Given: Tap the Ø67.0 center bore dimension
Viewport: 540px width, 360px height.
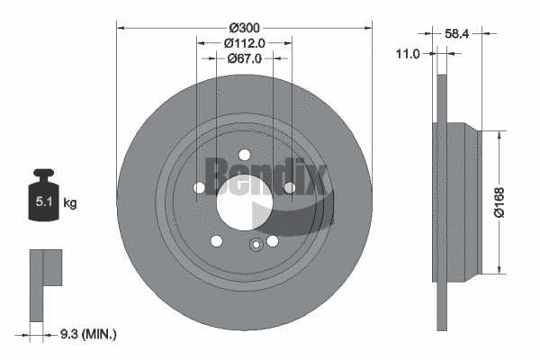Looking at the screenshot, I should [x=243, y=58].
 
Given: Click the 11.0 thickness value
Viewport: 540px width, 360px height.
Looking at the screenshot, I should [x=409, y=54].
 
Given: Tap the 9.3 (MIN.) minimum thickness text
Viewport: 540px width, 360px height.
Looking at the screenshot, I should [x=83, y=334].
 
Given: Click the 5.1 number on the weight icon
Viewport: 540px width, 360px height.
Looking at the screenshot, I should [x=42, y=202].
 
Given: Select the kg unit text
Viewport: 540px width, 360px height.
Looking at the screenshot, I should [x=70, y=203].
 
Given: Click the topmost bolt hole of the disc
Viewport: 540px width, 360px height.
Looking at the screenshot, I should [x=243, y=153].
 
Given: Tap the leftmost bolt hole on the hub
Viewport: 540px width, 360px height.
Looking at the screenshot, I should [x=199, y=187].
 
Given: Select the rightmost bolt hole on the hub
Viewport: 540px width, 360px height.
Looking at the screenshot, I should [x=288, y=187].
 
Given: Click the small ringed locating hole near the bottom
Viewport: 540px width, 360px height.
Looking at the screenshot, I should [x=256, y=245].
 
